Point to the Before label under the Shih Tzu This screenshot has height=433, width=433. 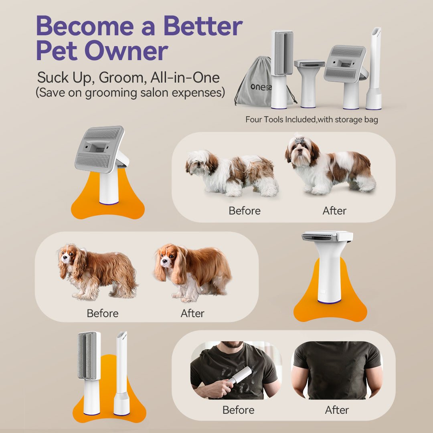245,210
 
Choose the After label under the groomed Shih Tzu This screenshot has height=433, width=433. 335,210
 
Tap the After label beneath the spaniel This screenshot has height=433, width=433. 192,313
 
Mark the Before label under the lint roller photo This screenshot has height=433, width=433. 239,410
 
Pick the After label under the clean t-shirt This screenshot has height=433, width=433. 337,410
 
